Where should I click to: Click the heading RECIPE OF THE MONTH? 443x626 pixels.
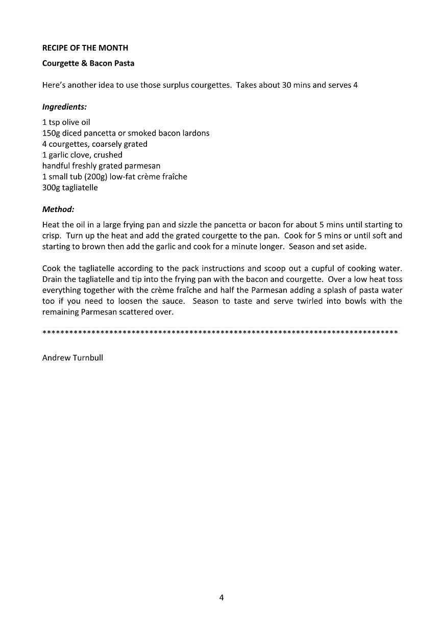[x=85, y=48]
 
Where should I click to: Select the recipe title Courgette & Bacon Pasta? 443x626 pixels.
[x=88, y=64]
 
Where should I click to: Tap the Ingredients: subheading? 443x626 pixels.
[x=64, y=107]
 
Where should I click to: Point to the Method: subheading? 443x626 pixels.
[x=58, y=209]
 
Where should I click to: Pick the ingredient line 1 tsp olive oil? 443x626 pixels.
[x=66, y=122]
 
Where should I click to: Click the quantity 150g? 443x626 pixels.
[x=51, y=133]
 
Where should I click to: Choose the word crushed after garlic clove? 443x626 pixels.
[x=108, y=155]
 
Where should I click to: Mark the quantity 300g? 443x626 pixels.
[x=51, y=188]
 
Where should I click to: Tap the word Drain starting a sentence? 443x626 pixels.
[x=52, y=279]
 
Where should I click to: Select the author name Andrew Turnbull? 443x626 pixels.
[x=72, y=358]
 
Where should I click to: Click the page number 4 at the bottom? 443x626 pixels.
[x=222, y=597]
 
